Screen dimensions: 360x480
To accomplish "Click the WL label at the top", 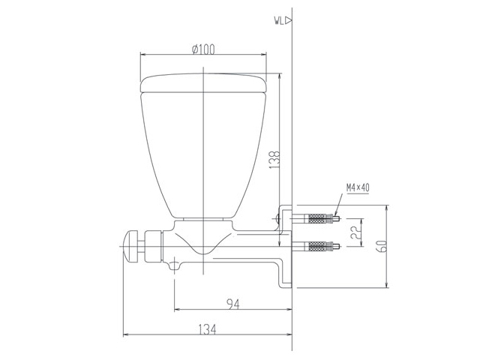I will point(278,22).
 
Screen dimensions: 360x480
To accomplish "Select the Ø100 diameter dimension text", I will point(203,49).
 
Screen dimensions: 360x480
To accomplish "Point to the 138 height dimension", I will point(275,160).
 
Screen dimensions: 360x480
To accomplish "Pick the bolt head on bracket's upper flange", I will point(279,220).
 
